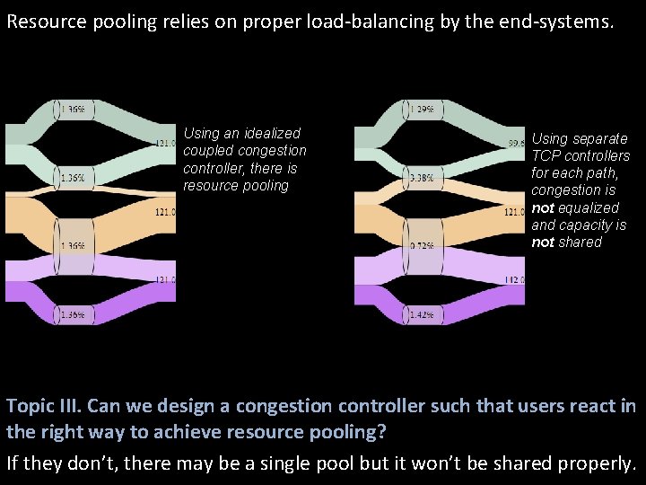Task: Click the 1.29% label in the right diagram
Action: point(422,110)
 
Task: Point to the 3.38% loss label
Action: point(422,178)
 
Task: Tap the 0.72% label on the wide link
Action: point(422,245)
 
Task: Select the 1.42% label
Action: point(422,314)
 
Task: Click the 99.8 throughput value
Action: point(517,143)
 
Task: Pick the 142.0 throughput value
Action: point(514,280)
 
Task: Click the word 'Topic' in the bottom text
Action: point(30,405)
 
